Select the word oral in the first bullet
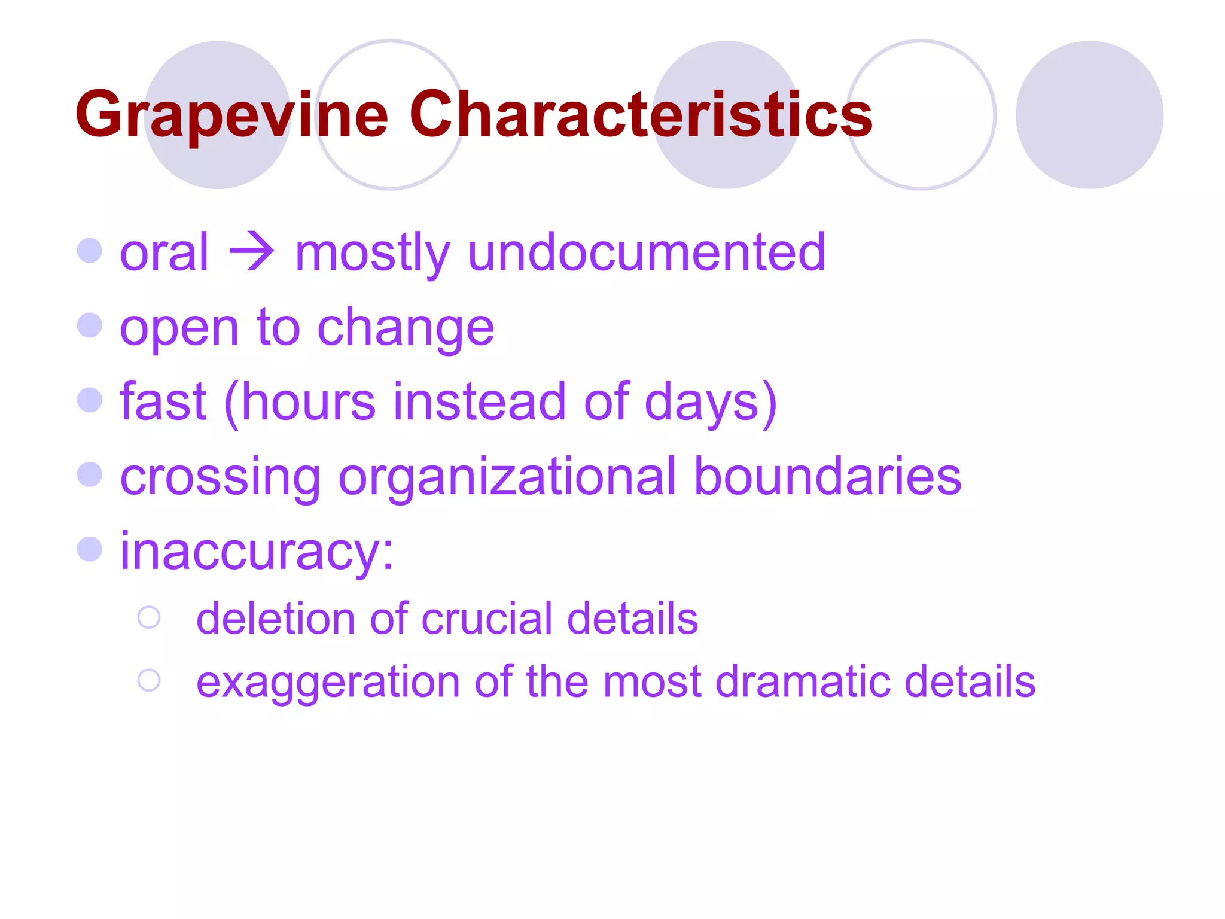pyautogui.click(x=164, y=252)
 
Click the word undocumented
pyautogui.click(x=647, y=252)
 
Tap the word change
pyautogui.click(x=406, y=328)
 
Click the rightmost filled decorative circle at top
pyautogui.click(x=1089, y=115)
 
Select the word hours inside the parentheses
pyautogui.click(x=309, y=402)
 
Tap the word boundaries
pyautogui.click(x=827, y=476)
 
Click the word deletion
pyautogui.click(x=275, y=619)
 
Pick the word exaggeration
pyautogui.click(x=327, y=683)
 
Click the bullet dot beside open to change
pyautogui.click(x=90, y=325)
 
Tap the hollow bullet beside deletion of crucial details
pyautogui.click(x=149, y=617)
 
